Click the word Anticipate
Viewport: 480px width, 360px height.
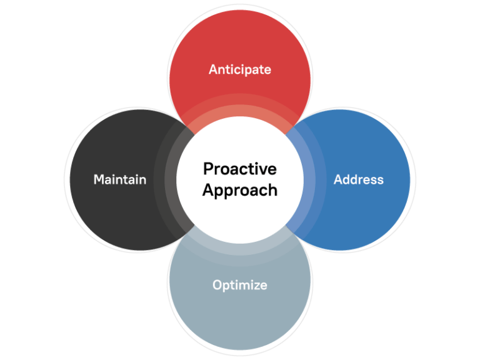pyautogui.click(x=240, y=69)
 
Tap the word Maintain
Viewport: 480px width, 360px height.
pyautogui.click(x=120, y=179)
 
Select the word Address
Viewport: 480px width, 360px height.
pyautogui.click(x=358, y=179)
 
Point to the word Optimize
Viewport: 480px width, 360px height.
pyautogui.click(x=240, y=285)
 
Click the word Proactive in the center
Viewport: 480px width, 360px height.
pyautogui.click(x=240, y=169)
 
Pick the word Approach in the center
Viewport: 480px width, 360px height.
pyautogui.click(x=240, y=190)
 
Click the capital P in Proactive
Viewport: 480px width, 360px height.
pyautogui.click(x=208, y=169)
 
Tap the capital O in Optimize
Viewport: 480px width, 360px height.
pyautogui.click(x=217, y=285)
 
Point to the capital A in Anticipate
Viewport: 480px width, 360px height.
pyautogui.click(x=213, y=69)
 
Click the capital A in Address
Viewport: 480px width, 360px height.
pyautogui.click(x=338, y=179)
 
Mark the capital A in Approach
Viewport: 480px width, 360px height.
pyautogui.click(x=207, y=189)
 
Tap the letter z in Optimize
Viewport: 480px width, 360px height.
pyautogui.click(x=256, y=286)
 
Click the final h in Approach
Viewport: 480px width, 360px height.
pyautogui.click(x=272, y=189)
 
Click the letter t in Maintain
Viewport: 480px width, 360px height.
pyautogui.click(x=125, y=179)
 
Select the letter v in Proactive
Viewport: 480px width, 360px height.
pyautogui.click(x=265, y=169)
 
